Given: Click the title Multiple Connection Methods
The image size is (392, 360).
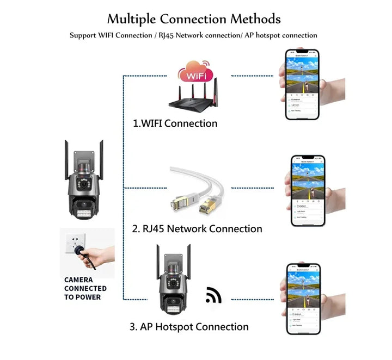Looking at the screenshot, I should pyautogui.click(x=193, y=19).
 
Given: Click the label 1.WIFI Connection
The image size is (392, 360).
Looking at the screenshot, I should pyautogui.click(x=175, y=123).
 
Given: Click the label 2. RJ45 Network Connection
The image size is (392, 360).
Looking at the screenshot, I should pyautogui.click(x=197, y=228).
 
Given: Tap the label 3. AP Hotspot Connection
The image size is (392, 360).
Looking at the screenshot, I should pyautogui.click(x=189, y=327).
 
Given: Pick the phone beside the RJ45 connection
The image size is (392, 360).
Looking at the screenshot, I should pyautogui.click(x=305, y=191).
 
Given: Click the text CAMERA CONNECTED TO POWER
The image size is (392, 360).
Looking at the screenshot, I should pyautogui.click(x=85, y=288).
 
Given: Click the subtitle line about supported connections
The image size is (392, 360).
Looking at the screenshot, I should pyautogui.click(x=193, y=35).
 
